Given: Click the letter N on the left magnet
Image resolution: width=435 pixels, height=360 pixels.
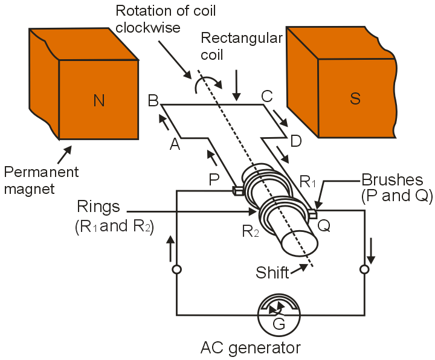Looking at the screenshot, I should tap(98, 101).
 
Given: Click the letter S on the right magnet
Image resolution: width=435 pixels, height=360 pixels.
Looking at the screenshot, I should tap(355, 98).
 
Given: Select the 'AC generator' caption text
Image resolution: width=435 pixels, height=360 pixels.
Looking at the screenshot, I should tap(251, 348).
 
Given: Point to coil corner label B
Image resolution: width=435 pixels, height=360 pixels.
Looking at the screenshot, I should tap(153, 101).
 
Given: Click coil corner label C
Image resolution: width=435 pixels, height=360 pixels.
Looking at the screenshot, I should tap(266, 96).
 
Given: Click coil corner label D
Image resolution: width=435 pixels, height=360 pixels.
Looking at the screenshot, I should tap(295, 141).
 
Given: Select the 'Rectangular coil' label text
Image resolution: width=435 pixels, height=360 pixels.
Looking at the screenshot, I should tap(242, 47).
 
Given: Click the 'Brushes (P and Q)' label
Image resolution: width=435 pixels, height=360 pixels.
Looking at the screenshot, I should tap(396, 188).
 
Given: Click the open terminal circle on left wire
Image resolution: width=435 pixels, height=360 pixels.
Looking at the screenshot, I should tap(176, 269).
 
